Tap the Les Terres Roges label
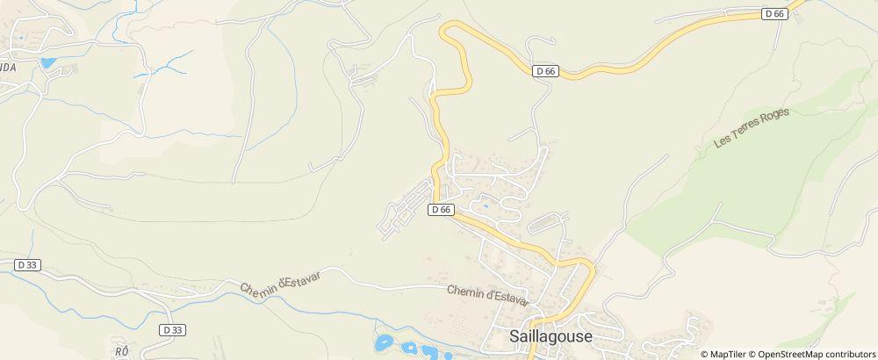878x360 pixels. point(752,129)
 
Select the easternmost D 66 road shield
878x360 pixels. point(774,13)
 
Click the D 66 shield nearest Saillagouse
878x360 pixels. point(441,210)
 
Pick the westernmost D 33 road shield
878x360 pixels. point(27,264)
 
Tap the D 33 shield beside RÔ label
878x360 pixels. point(172,329)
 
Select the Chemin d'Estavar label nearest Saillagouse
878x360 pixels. point(487,294)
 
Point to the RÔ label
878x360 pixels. point(121,350)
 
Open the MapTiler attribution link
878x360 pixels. point(729,354)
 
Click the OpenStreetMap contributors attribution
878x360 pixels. point(816,354)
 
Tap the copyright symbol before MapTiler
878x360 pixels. point(705,354)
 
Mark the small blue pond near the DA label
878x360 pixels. point(47,63)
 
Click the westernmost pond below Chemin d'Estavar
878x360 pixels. point(384,342)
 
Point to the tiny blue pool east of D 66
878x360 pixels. point(484,207)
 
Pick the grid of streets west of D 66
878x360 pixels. point(406,209)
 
